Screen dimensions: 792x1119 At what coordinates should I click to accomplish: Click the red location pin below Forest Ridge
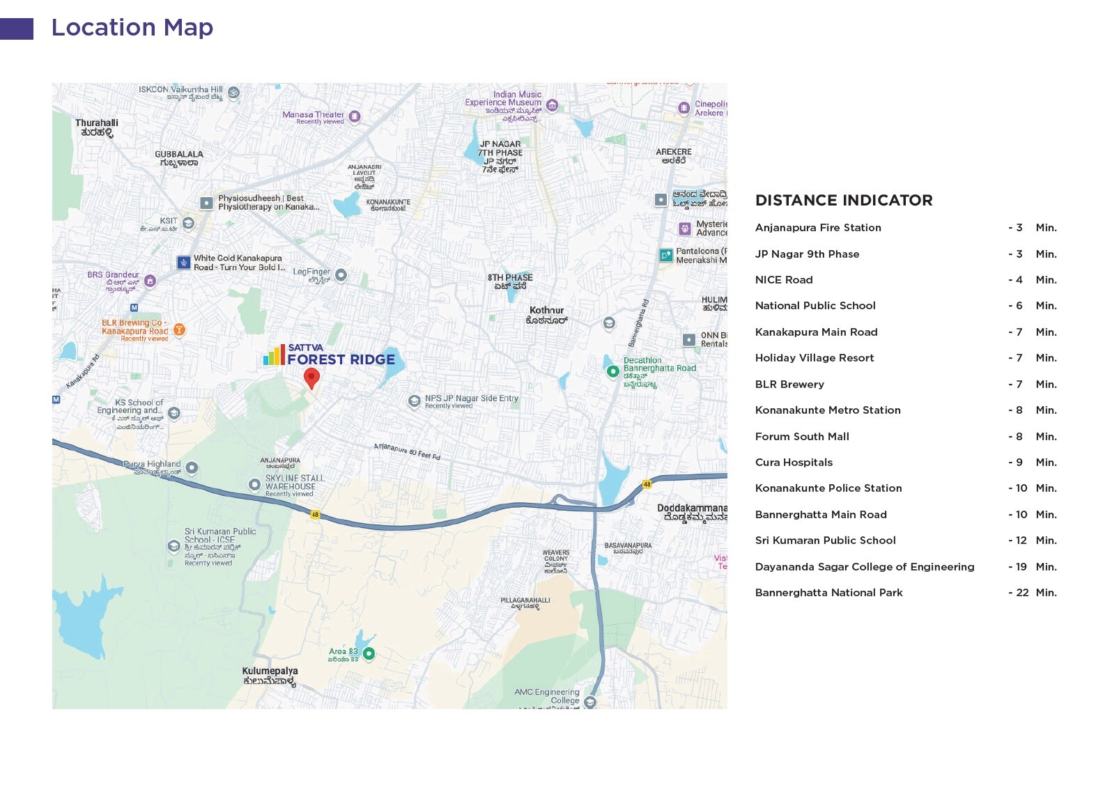[311, 377]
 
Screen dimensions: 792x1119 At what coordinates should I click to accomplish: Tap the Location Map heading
[132, 28]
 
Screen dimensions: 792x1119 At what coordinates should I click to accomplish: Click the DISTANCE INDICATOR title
[843, 201]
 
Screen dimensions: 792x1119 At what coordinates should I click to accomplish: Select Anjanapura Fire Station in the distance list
[817, 228]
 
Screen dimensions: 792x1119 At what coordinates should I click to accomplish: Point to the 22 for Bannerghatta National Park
[1021, 593]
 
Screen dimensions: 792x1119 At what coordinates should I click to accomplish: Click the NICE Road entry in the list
[783, 280]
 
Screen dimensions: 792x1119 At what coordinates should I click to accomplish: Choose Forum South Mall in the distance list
[801, 437]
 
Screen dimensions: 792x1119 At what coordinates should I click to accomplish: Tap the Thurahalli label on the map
[97, 127]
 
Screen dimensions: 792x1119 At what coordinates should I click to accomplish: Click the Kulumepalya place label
[270, 676]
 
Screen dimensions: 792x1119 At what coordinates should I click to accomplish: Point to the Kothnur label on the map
[546, 315]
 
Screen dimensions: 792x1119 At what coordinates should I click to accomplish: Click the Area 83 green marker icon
[369, 653]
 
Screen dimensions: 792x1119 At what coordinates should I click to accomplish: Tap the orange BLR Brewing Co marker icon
[179, 329]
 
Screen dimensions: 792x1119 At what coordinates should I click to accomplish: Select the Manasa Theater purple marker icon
[355, 116]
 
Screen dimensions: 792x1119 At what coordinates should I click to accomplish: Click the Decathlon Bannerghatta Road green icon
[612, 371]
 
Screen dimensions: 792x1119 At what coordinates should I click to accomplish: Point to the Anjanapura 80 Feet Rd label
[407, 451]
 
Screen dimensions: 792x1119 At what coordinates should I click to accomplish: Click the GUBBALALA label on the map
[179, 158]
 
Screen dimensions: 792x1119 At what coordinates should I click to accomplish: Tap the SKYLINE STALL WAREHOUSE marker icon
[254, 484]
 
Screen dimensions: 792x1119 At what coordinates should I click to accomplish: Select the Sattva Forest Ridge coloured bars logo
[274, 355]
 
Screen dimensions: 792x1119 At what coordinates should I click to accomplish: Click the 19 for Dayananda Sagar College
[1021, 567]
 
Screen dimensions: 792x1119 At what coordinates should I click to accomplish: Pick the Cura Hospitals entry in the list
[793, 463]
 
